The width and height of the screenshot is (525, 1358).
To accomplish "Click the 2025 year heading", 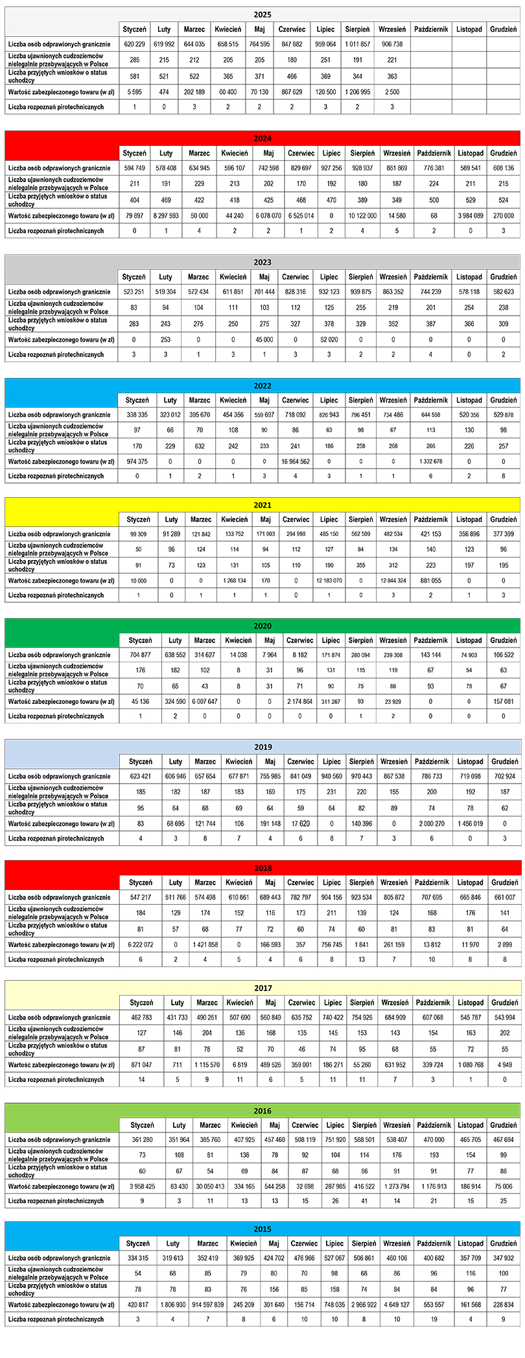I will click(x=262, y=14).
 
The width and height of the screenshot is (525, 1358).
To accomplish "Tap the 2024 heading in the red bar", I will click(x=262, y=138).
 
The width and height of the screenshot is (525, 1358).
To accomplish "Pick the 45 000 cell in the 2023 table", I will click(x=264, y=339).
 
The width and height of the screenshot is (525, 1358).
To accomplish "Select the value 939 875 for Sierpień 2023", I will click(x=360, y=292).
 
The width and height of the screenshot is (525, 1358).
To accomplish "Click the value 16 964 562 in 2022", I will click(x=296, y=462).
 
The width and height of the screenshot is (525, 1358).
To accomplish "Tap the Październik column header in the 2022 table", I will click(x=430, y=400).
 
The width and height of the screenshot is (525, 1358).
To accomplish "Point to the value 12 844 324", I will click(x=393, y=581).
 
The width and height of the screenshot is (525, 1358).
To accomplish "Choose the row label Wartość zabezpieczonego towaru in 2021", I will click(x=62, y=581).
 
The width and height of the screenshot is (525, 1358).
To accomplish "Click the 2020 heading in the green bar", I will click(x=262, y=626).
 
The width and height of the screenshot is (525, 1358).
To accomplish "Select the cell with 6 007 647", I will click(x=205, y=701).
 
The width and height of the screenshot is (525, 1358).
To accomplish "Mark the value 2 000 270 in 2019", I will click(x=431, y=824).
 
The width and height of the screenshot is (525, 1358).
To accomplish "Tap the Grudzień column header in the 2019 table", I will click(x=504, y=762).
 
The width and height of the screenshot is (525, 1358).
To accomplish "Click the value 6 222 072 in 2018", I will click(x=141, y=944).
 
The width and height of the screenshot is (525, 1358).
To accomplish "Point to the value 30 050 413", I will click(x=210, y=1187).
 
